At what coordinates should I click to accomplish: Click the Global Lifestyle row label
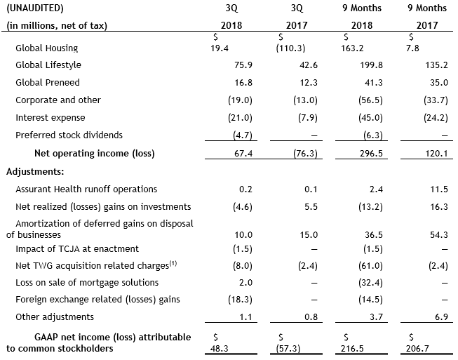coord(48,65)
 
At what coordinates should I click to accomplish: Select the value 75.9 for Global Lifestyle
coord(243,65)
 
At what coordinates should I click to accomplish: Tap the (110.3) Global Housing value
coord(290,48)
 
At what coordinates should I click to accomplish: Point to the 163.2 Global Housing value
coord(352,48)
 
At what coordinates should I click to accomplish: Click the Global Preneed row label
coord(48,82)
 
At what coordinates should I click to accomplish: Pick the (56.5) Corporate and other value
coord(370,100)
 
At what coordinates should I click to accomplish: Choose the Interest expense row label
coord(50,118)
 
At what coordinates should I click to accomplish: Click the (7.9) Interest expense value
coord(308,118)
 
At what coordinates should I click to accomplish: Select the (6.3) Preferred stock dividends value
coord(373,135)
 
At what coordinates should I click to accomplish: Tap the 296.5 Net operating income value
coord(371,154)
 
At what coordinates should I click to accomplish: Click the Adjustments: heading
coord(35,171)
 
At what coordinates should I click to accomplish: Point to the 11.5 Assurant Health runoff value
coord(439,189)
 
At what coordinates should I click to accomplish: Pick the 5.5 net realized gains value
coord(311,207)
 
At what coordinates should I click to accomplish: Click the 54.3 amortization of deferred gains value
coord(439,235)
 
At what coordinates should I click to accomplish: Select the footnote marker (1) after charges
coord(173,264)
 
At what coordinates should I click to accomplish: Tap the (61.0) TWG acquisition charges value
coord(370,266)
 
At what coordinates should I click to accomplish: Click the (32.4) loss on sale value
coord(370,283)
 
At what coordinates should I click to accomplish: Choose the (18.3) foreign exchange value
coord(240,300)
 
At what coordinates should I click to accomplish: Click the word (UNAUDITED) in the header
coord(35,8)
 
